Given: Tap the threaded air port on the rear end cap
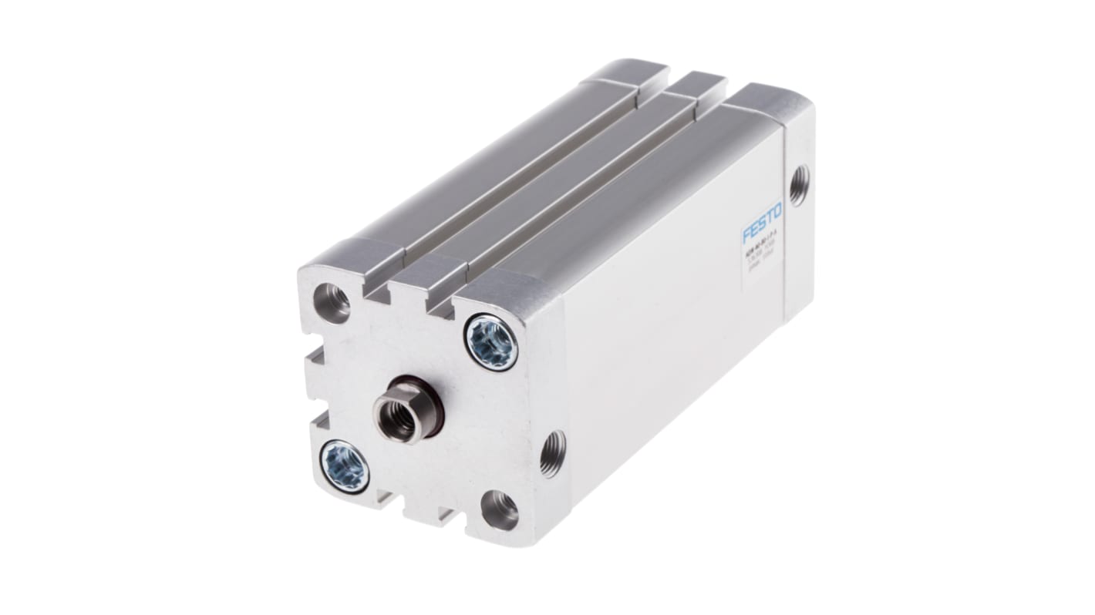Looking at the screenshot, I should tap(799, 186).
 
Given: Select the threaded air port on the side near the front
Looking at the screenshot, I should tap(552, 453).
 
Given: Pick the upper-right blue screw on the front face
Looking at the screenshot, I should tap(491, 342).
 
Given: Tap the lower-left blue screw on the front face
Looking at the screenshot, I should tap(344, 465).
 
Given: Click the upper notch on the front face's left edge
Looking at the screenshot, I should tap(315, 356).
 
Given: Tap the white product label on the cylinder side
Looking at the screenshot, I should tap(760, 247).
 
